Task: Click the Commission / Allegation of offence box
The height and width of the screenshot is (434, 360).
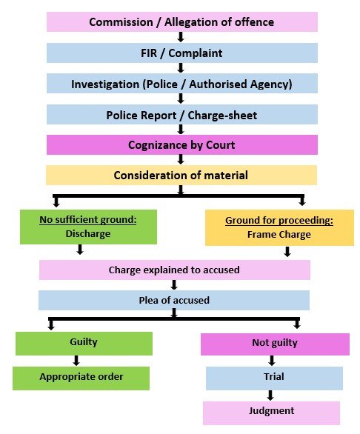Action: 182,22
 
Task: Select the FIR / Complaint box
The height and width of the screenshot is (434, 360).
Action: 182,53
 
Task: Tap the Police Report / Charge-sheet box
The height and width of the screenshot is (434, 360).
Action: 182,115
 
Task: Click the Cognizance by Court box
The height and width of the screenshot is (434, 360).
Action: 182,144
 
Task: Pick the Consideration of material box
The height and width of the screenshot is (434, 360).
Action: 181,176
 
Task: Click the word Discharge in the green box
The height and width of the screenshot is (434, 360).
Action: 88,233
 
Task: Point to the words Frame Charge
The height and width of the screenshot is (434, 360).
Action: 279,235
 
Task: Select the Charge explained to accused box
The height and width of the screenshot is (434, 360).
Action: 175,270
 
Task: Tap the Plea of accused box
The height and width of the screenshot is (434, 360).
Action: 174,300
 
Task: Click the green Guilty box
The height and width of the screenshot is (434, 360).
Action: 84,344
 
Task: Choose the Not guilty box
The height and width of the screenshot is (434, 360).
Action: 275,344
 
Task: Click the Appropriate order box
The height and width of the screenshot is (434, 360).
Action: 81,378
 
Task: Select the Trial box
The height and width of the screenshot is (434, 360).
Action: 274,378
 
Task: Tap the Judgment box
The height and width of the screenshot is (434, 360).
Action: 271,413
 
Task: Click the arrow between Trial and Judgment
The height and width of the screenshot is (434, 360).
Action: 270,395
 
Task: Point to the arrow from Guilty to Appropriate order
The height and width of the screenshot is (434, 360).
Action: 76,361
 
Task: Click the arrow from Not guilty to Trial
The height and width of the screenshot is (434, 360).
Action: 272,361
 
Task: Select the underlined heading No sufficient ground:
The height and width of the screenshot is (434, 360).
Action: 88,220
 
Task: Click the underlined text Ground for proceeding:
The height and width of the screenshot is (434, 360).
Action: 279,221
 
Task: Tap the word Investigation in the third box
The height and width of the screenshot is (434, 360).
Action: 105,84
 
